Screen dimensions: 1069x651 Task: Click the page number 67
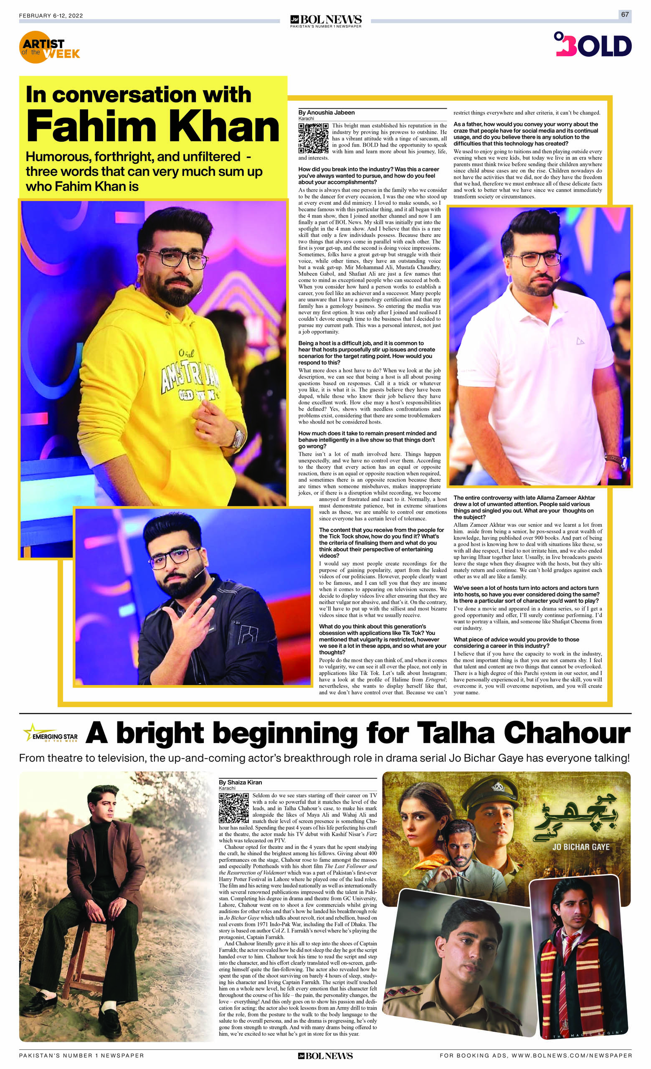click(625, 14)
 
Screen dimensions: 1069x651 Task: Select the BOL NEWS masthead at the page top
click(326, 20)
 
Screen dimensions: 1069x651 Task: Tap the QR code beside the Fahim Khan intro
click(313, 138)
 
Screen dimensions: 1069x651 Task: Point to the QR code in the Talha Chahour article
click(234, 808)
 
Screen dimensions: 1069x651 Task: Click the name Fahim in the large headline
click(91, 127)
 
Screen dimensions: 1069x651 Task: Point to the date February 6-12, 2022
click(51, 15)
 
